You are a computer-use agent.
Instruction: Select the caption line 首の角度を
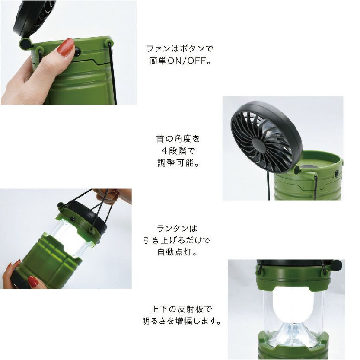pyautogui.click(x=178, y=139)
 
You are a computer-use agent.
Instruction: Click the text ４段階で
pyautogui.click(x=178, y=151)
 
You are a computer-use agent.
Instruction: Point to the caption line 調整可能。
pyautogui.click(x=178, y=163)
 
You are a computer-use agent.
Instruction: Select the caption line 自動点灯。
pyautogui.click(x=178, y=252)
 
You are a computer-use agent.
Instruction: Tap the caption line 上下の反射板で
pyautogui.click(x=181, y=309)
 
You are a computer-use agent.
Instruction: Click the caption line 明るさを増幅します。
pyautogui.click(x=182, y=321)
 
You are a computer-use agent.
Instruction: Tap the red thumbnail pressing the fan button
pyautogui.click(x=67, y=47)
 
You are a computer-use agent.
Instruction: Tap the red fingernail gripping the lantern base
pyautogui.click(x=33, y=281)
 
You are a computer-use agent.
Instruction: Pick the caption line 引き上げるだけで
pyautogui.click(x=177, y=240)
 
